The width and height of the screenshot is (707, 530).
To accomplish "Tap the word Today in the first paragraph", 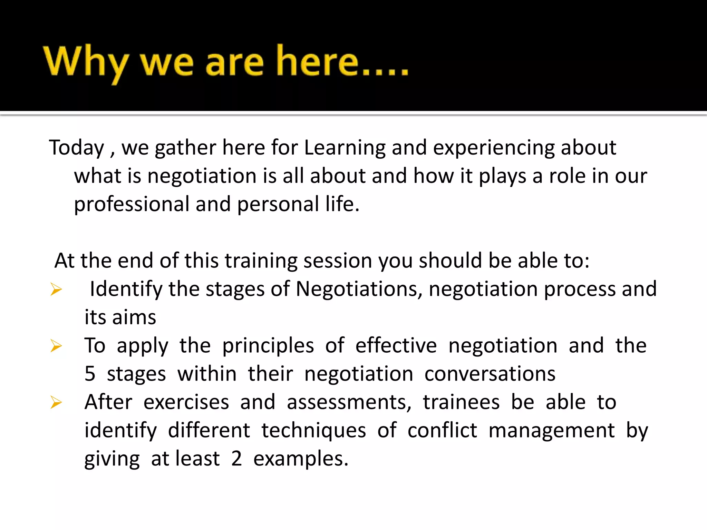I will click(76, 148).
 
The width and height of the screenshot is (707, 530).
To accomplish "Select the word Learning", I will click(345, 148).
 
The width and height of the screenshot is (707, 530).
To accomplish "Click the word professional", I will click(132, 205).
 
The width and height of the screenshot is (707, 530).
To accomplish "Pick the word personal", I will click(278, 205).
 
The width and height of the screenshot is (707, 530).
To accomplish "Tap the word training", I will click(261, 261).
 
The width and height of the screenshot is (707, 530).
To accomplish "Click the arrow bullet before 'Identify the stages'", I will click(56, 289).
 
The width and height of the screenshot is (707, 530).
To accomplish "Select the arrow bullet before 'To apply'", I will click(56, 346).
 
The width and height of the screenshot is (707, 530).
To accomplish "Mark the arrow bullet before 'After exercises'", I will click(56, 402).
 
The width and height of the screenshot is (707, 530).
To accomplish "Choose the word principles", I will click(268, 346).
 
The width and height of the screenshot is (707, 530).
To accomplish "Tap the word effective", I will click(396, 345).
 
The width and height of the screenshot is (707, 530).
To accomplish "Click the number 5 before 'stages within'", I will click(90, 374).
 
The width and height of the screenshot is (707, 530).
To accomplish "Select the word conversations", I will click(490, 374).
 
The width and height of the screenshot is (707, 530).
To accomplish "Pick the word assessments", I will click(349, 402).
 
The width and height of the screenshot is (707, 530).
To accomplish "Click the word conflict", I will click(442, 430).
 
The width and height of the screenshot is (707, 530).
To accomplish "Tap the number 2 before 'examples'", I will click(236, 459).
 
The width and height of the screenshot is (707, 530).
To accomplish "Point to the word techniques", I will click(313, 431).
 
